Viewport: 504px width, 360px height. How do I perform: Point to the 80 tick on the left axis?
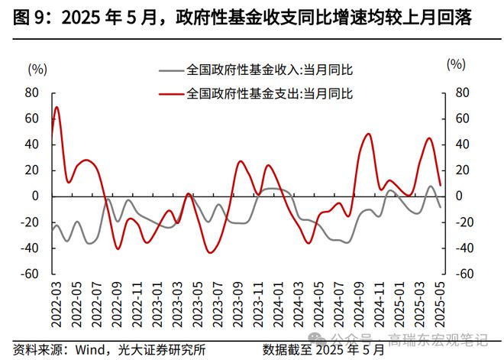pyautogui.click(x=32, y=92)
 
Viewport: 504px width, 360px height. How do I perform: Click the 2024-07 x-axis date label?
pyautogui.click(x=338, y=304)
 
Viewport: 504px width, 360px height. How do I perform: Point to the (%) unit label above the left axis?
pyautogui.click(x=37, y=67)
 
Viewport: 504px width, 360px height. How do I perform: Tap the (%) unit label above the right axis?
pyautogui.click(x=456, y=64)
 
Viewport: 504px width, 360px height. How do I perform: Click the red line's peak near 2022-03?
pyautogui.click(x=57, y=107)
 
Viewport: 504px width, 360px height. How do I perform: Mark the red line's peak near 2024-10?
pyautogui.click(x=368, y=134)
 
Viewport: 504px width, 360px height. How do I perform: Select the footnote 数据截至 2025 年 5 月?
pyautogui.click(x=325, y=349)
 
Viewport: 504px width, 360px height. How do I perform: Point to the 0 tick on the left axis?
pyautogui.click(x=35, y=196)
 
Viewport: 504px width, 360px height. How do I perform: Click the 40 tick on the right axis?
pyautogui.click(x=460, y=144)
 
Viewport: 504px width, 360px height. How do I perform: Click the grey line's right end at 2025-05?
pyautogui.click(x=441, y=207)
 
